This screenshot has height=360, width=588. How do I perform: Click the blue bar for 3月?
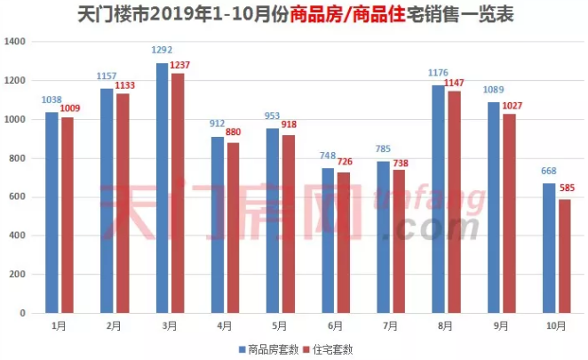click(x=163, y=188)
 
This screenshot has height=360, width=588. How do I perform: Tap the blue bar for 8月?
click(x=438, y=199)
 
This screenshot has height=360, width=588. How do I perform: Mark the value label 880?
click(x=234, y=134)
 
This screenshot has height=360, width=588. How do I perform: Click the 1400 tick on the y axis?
click(x=18, y=42)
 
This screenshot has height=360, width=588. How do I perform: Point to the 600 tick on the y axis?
click(x=20, y=197)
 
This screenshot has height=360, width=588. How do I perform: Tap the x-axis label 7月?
click(x=390, y=327)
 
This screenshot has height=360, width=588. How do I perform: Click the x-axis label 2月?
click(x=114, y=327)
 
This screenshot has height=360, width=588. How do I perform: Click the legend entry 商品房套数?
click(x=271, y=349)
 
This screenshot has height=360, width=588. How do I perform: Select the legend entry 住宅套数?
click(x=333, y=349)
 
